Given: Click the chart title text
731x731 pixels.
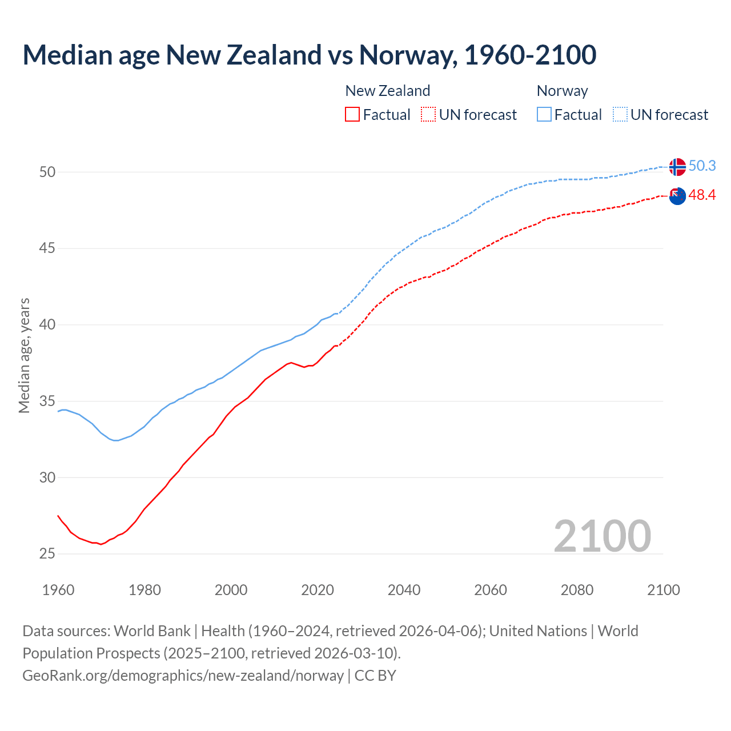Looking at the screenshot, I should coord(309,55).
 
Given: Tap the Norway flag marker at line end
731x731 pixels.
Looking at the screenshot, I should coord(677,167).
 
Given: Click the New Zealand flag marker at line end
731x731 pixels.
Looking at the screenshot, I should coord(677,196).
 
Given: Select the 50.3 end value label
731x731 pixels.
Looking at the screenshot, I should coord(702,166).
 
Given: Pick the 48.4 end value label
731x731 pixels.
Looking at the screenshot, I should coord(702,195).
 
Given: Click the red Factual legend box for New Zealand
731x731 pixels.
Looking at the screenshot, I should coord(352,114).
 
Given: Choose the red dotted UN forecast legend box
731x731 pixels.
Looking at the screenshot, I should coord(428,114).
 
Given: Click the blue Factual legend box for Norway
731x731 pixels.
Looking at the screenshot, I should coord(544,114).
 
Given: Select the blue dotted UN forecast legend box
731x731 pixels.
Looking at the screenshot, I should coord(620,114).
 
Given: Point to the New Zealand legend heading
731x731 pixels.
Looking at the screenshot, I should coord(387,91).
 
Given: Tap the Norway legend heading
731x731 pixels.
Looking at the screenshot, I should coord(562,91).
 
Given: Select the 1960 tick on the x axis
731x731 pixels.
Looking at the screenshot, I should coord(58,590).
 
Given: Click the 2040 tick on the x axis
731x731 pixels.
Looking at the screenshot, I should coord(404,590).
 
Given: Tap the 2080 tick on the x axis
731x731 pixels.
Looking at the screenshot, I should coord(577,590).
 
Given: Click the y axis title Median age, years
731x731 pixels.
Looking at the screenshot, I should coord(24,355).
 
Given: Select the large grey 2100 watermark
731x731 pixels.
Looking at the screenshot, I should coord(602,536).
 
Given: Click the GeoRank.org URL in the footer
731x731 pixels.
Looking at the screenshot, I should coord(183,676).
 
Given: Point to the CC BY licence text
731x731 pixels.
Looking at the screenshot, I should coord(375,676).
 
